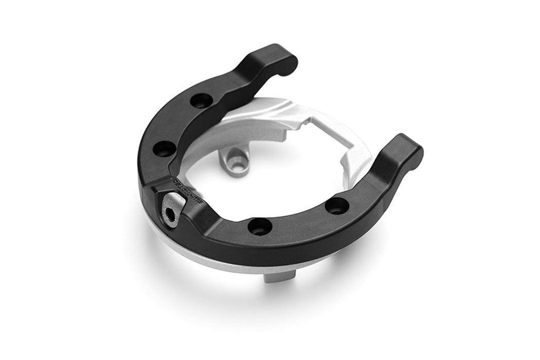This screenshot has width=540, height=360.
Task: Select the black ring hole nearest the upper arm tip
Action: pos(201,100)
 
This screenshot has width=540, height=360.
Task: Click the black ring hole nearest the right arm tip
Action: pos(337,206)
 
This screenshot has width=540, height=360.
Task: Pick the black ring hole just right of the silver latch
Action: pos(260,226)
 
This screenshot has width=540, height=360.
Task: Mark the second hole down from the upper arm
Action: pos(165,149)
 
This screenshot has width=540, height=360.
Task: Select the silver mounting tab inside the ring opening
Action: pos(234,159)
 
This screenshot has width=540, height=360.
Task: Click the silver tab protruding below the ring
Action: pos(280,276)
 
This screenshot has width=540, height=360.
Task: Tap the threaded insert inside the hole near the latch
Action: pos(260,227)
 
